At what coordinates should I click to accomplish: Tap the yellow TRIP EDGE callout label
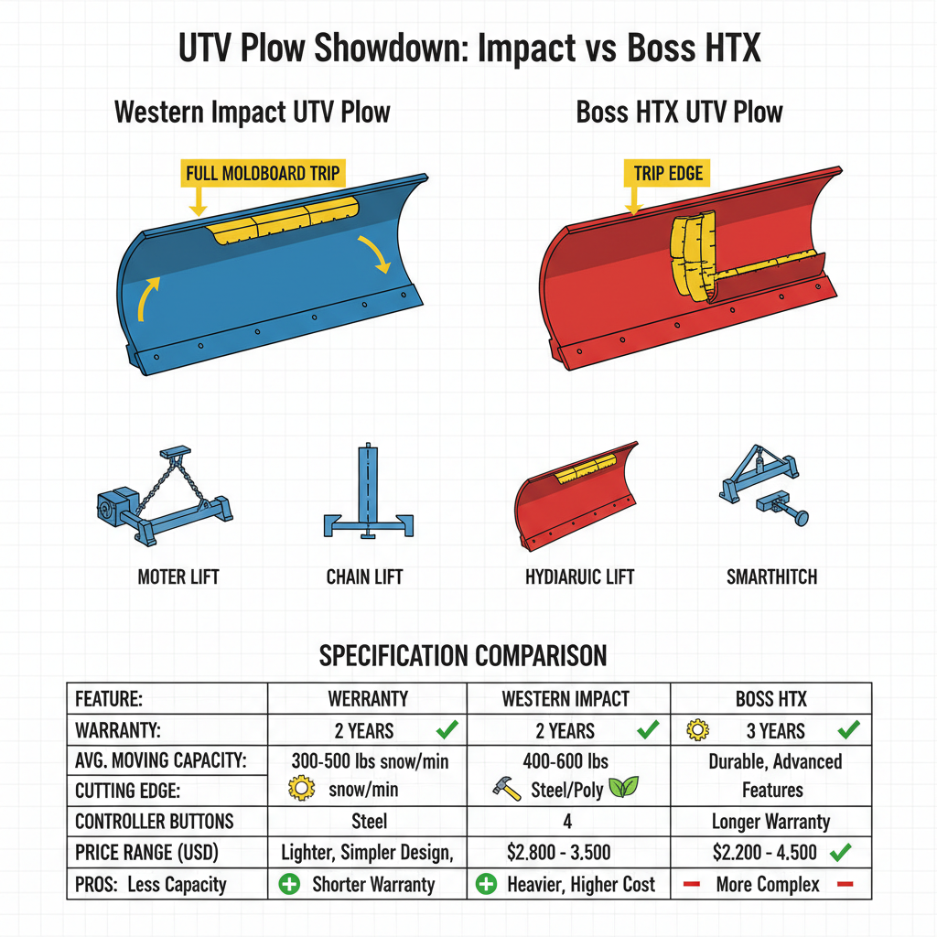pos(668,173)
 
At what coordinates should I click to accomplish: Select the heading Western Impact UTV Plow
pos(252,113)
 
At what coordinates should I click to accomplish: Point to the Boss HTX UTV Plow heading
pos(679,113)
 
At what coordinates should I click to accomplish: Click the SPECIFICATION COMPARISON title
pos(462,655)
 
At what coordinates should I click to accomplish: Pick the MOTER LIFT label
pos(178,577)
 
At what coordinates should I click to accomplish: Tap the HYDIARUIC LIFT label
pos(579,577)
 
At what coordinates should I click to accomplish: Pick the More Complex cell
pos(769,884)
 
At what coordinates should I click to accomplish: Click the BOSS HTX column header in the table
pos(770,699)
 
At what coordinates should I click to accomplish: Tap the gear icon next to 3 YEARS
pos(698,730)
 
